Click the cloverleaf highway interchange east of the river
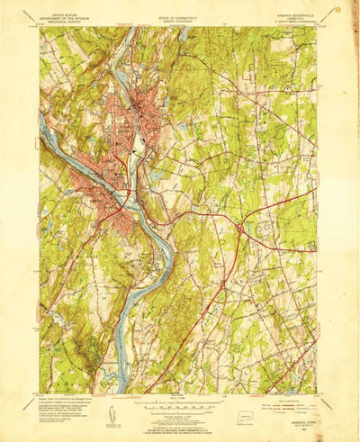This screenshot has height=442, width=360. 240,230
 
